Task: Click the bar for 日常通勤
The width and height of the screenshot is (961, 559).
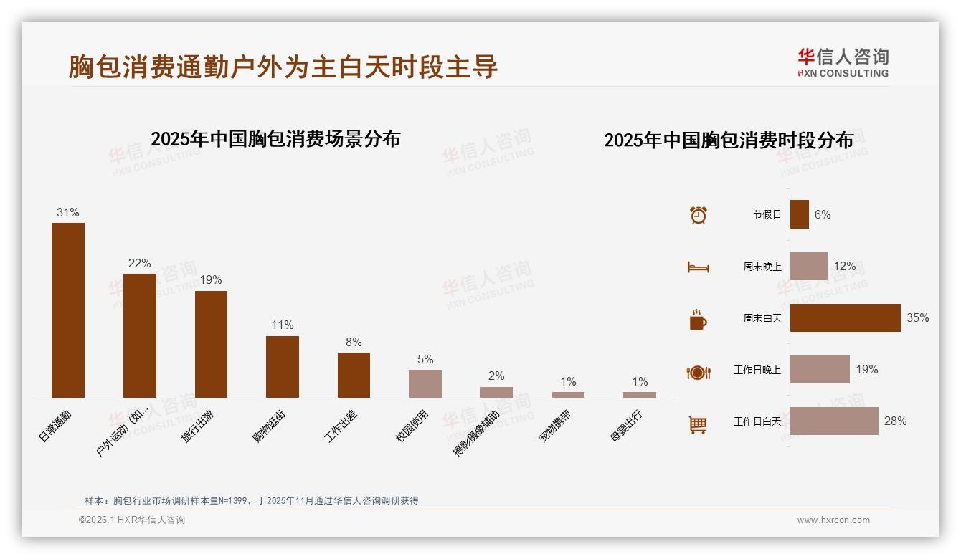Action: (68, 310)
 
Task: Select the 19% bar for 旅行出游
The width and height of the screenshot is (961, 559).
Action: (211, 344)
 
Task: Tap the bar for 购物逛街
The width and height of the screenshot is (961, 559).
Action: (283, 366)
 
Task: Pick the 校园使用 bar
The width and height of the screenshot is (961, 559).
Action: (425, 383)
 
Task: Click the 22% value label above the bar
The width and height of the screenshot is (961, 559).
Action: (139, 264)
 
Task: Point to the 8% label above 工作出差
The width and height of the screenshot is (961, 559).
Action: (354, 343)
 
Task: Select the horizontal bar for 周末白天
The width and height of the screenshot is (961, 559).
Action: (845, 317)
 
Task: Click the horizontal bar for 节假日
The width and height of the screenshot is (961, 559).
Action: (800, 214)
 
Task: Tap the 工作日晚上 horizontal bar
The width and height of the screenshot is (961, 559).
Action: (820, 370)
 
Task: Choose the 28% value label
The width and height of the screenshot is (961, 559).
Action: (895, 421)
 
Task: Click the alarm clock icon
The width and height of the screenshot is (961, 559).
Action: (698, 214)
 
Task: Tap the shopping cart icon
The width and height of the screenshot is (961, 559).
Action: (698, 424)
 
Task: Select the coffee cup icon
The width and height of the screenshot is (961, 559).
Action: (698, 320)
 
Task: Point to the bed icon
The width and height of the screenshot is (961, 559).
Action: (698, 267)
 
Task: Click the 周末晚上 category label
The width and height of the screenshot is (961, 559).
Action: (762, 267)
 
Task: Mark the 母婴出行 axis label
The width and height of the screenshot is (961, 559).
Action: (626, 427)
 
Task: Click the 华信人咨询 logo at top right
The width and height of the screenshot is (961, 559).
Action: (843, 62)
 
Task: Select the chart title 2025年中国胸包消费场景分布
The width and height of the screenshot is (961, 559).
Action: (275, 139)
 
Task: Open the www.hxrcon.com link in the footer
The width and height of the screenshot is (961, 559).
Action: (833, 520)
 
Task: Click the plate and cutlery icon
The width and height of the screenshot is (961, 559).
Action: (698, 372)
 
